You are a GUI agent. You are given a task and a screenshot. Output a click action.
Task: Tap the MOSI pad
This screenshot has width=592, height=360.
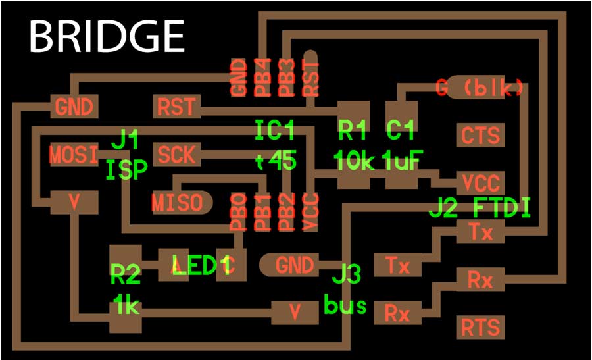[x=74, y=155]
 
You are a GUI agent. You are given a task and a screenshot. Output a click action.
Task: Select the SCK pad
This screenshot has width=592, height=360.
[x=176, y=155]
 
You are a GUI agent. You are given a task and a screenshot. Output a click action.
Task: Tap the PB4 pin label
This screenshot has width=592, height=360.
[x=262, y=78]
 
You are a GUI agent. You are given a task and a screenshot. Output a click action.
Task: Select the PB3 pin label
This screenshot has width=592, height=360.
[x=285, y=78]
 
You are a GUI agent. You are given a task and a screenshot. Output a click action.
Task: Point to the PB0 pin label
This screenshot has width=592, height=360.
[x=238, y=212]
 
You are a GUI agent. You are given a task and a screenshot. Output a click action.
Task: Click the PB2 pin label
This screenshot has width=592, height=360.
[x=285, y=212]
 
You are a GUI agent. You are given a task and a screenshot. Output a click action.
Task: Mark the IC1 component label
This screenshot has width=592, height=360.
[x=275, y=130]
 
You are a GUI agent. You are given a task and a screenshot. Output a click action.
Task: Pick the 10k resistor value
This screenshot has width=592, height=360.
[x=354, y=161]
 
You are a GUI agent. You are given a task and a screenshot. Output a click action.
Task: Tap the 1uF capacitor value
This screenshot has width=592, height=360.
[x=402, y=161]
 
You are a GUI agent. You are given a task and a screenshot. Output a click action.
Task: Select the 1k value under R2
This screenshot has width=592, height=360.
[x=126, y=304]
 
